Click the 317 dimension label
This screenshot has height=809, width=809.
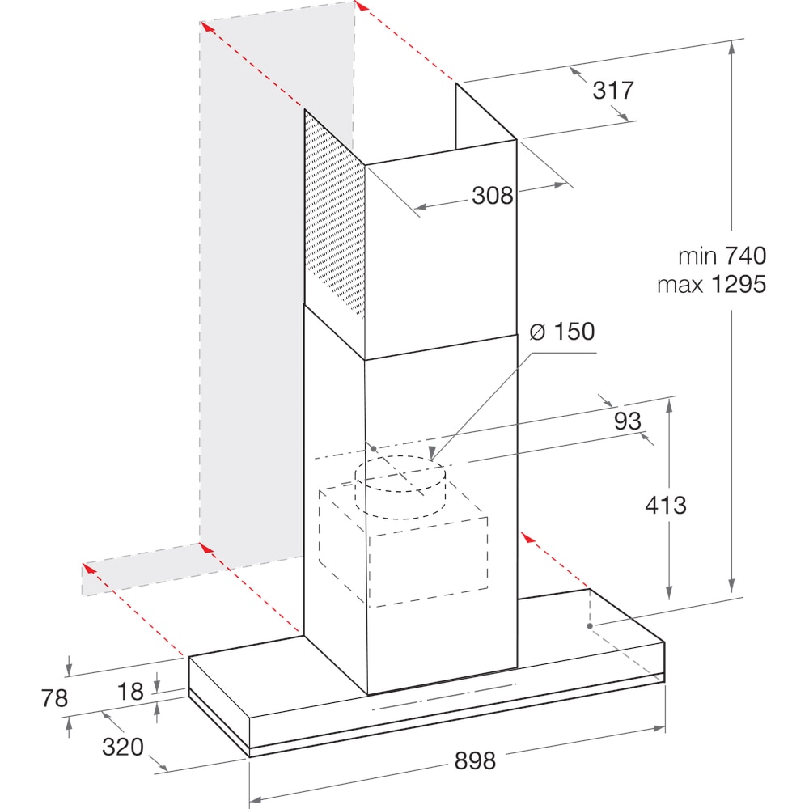click(x=612, y=90)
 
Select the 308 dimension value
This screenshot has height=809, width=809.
click(x=493, y=195)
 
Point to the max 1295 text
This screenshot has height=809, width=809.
click(x=711, y=285)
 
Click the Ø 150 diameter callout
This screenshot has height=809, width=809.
click(x=561, y=332)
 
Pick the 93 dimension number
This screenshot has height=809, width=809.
click(x=627, y=421)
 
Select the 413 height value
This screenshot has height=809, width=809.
click(x=666, y=506)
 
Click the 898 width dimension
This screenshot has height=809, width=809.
click(x=474, y=760)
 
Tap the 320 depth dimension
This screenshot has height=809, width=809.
click(x=123, y=747)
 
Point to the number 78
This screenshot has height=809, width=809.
click(x=55, y=698)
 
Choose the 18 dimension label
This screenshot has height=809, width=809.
click(x=130, y=692)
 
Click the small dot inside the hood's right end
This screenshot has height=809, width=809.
click(x=591, y=625)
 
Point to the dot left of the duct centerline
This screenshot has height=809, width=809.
click(x=373, y=447)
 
